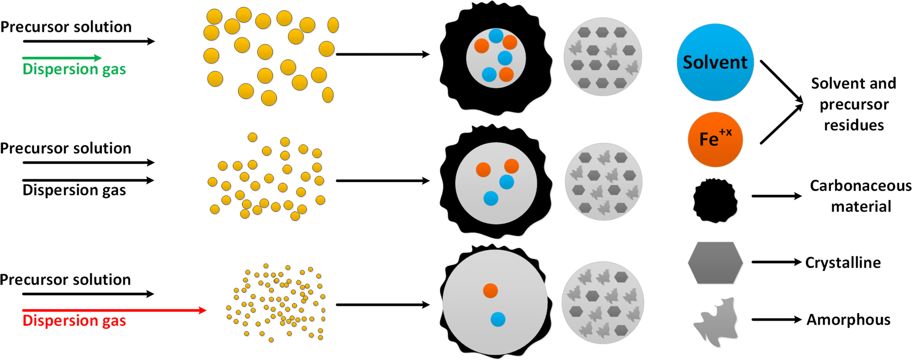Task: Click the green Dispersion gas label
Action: [x=74, y=69]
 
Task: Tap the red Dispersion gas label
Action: [x=74, y=320]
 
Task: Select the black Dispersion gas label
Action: [x=74, y=190]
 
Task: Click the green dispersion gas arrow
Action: [x=61, y=57]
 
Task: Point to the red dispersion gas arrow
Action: [x=114, y=310]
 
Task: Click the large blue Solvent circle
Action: [x=715, y=62]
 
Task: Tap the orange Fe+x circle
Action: [x=715, y=139]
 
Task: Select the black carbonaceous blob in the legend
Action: [x=715, y=201]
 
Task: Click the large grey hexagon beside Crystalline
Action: [x=715, y=263]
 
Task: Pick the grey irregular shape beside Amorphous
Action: [x=717, y=321]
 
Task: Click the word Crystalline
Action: [x=842, y=263]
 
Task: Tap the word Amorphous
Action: [x=848, y=320]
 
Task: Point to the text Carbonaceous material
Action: [x=860, y=196]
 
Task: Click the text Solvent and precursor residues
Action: [x=853, y=104]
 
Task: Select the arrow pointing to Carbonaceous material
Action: [x=776, y=196]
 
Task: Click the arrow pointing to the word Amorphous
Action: [x=776, y=320]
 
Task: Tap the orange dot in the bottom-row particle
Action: [x=491, y=290]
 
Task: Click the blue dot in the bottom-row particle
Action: [x=498, y=319]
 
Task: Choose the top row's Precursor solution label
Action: [x=66, y=27]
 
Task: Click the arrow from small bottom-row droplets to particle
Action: [x=382, y=305]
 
